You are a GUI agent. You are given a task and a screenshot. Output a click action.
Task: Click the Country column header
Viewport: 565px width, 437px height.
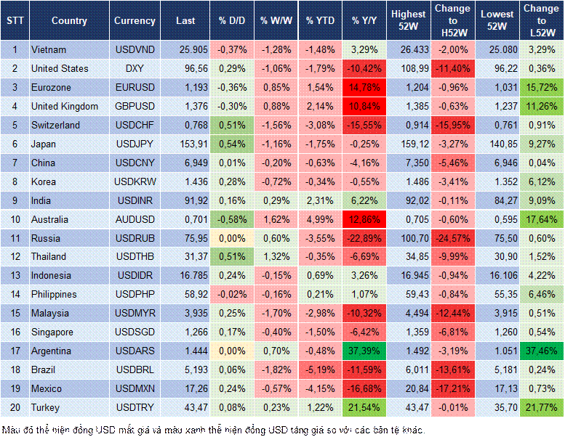pyautogui.click(x=69, y=20)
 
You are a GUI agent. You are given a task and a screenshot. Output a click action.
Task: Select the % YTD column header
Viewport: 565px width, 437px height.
pyautogui.click(x=320, y=20)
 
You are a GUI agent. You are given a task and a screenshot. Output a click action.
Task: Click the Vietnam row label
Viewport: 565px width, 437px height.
pyautogui.click(x=49, y=49)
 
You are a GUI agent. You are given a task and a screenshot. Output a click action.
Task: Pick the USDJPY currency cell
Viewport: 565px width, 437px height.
pyautogui.click(x=135, y=144)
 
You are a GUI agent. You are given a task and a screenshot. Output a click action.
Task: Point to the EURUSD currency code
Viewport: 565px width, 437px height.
pyautogui.click(x=135, y=87)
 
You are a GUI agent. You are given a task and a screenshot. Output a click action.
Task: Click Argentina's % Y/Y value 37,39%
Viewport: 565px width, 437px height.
pyautogui.click(x=364, y=351)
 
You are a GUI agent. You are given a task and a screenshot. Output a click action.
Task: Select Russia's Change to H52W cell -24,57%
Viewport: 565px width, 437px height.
pyautogui.click(x=452, y=238)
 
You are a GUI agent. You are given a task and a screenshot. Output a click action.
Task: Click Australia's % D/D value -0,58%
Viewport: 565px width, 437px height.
pyautogui.click(x=231, y=219)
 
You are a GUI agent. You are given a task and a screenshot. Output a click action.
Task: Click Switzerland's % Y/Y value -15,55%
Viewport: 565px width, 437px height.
pyautogui.click(x=364, y=125)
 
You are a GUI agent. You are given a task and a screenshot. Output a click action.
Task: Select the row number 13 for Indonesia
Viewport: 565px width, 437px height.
pyautogui.click(x=15, y=276)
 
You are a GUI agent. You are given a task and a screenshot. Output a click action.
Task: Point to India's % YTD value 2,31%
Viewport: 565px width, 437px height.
pyautogui.click(x=320, y=200)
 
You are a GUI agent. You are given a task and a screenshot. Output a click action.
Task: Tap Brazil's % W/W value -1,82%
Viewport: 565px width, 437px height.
pyautogui.click(x=276, y=370)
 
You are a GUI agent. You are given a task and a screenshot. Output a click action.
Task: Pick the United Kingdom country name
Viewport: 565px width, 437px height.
pyautogui.click(x=65, y=106)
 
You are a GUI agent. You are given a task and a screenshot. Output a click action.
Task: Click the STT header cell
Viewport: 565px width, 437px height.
pyautogui.click(x=15, y=20)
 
